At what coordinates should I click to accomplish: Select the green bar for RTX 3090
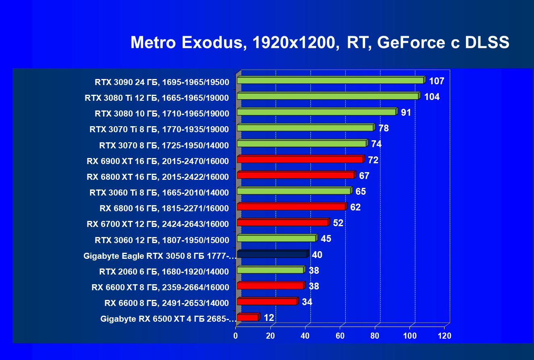[331, 80]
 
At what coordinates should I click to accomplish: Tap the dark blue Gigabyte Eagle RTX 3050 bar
[273, 254]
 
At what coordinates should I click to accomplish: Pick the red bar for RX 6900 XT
[301, 159]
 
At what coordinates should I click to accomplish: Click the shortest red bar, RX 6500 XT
[249, 317]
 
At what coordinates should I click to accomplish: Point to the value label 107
[436, 81]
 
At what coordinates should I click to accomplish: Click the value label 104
[432, 97]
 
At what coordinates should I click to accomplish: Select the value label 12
[269, 318]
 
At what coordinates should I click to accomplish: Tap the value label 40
[317, 255]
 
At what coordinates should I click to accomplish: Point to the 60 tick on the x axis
[340, 336]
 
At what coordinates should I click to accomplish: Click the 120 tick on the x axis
[445, 336]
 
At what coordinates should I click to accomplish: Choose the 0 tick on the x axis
[235, 336]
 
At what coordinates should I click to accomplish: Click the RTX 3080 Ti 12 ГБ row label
[157, 98]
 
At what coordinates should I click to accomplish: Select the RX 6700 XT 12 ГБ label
[158, 224]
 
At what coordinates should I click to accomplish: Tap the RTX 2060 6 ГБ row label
[164, 271]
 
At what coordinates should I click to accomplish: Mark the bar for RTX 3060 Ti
[295, 191]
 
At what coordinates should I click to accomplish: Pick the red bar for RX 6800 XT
[297, 175]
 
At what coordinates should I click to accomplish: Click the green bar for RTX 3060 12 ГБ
[278, 238]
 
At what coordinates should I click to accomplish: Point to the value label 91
[406, 112]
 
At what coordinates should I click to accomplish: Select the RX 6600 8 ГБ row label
[166, 303]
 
